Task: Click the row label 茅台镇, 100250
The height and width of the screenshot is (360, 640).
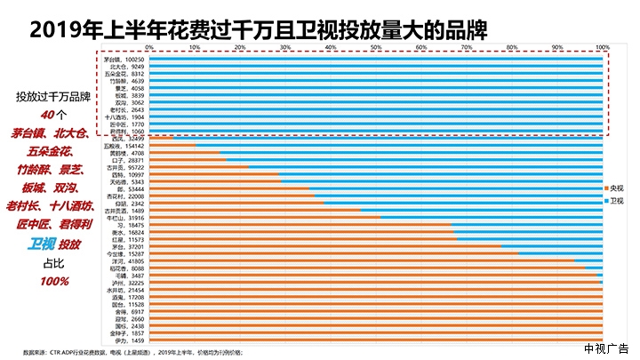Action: [x=124, y=59]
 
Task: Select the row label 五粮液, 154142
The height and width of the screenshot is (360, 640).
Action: [x=123, y=146]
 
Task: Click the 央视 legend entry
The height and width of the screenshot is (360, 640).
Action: [x=617, y=189]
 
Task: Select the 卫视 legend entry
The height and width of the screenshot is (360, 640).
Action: [x=617, y=201]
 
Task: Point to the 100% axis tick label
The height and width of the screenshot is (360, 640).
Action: [x=602, y=46]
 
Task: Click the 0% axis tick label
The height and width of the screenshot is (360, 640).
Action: [x=149, y=46]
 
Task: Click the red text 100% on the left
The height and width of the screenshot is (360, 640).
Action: [x=54, y=282]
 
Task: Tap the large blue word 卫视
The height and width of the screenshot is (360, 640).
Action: [x=41, y=244]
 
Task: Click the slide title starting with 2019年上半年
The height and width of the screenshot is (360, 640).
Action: [x=258, y=29]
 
